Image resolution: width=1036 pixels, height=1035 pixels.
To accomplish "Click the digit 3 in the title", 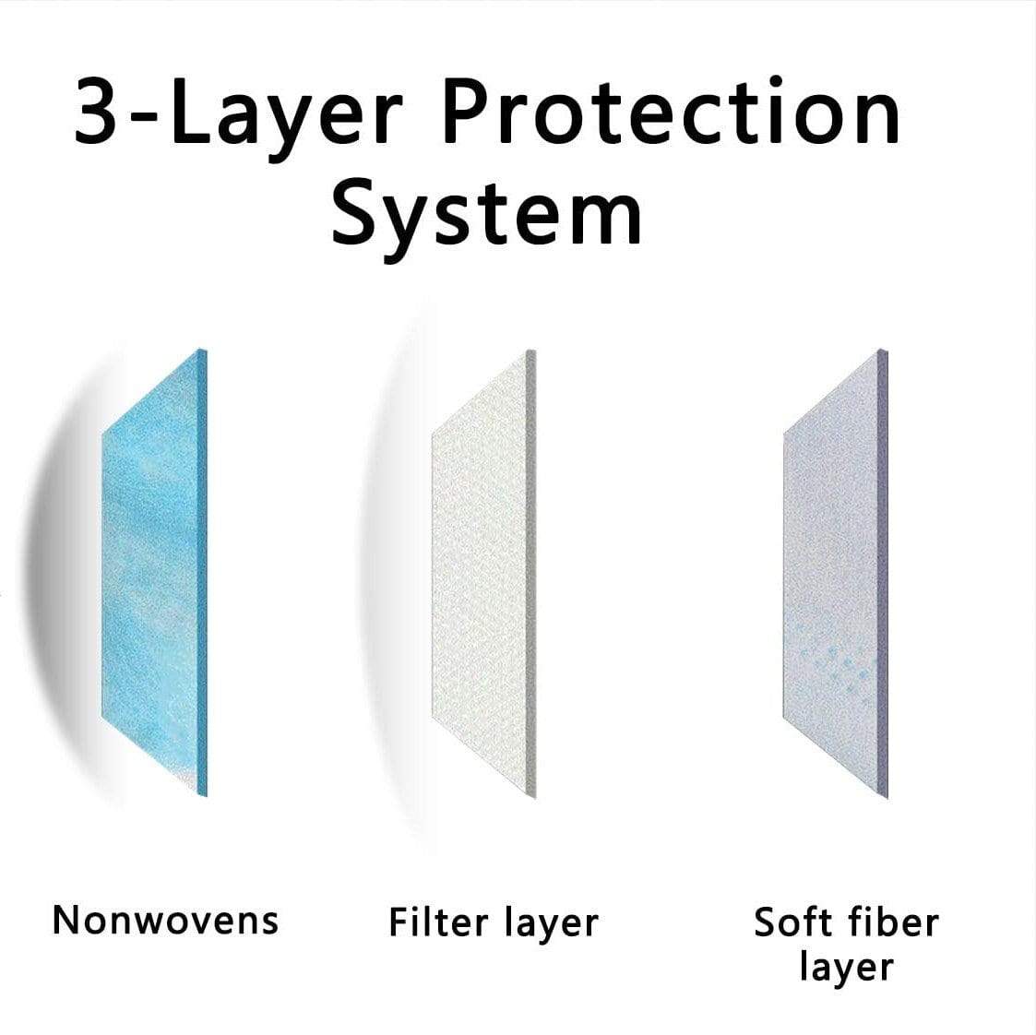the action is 95,111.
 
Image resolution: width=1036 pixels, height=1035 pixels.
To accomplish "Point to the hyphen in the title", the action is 142,117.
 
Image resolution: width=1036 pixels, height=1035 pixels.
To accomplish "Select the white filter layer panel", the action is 483,574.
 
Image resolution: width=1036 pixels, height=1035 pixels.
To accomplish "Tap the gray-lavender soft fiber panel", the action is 835,574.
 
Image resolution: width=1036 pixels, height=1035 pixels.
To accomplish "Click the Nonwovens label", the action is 165,920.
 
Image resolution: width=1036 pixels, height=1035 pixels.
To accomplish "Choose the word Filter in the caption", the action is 438,922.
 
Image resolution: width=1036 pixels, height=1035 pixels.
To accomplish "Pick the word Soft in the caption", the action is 791,922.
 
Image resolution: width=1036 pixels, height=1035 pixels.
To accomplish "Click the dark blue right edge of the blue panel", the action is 203,572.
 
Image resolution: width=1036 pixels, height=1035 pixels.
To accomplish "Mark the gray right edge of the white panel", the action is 531,574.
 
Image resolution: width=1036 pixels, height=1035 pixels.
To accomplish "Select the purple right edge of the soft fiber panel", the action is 884,574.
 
